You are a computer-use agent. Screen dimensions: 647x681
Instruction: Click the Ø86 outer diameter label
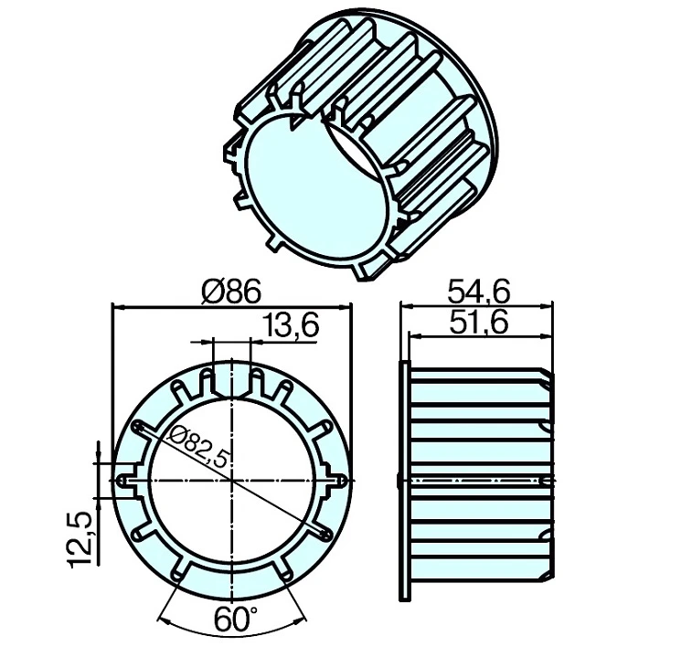[x=232, y=291]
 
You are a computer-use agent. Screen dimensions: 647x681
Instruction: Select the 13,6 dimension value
[x=291, y=325]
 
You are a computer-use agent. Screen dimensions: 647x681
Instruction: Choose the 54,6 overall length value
[x=479, y=291]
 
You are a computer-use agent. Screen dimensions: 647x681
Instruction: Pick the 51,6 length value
[x=479, y=321]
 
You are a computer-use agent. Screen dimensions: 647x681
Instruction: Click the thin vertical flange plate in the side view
[x=403, y=480]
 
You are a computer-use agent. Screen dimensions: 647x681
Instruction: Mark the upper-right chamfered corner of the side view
[x=549, y=375]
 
